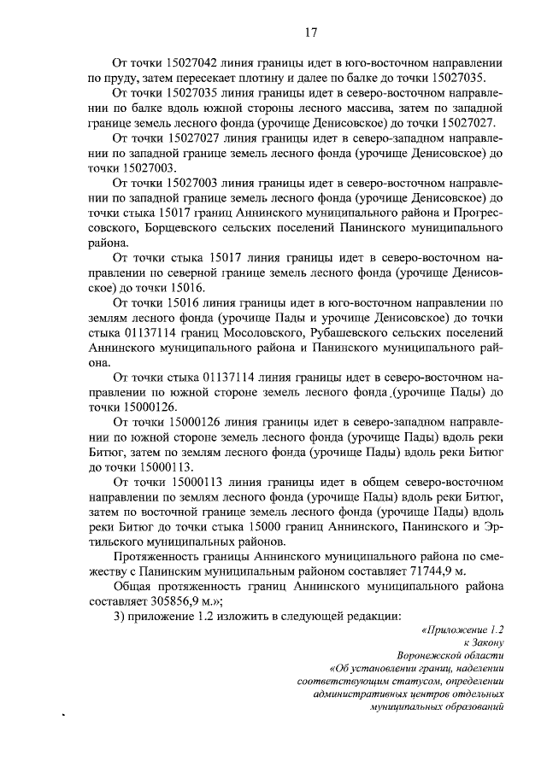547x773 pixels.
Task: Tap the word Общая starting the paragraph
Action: point(135,585)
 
